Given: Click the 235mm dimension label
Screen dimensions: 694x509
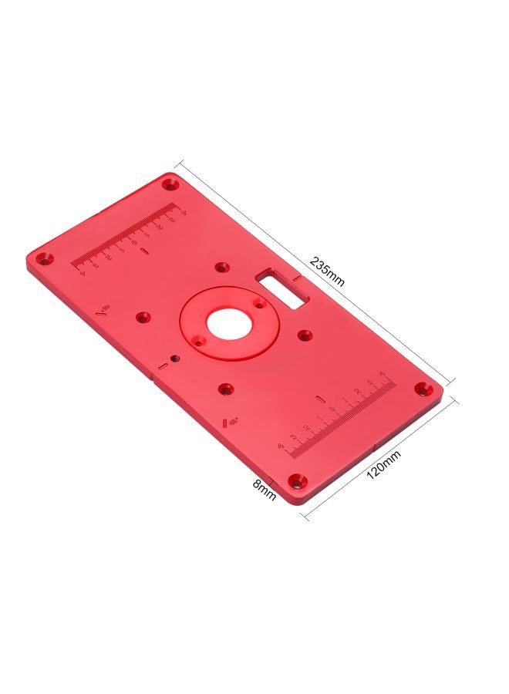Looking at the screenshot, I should pos(327,271).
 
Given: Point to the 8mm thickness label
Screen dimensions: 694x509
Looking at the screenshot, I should pos(265,490).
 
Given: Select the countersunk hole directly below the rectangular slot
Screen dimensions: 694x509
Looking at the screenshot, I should pos(305,335).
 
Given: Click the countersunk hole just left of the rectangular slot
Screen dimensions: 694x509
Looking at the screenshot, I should pos(224,267).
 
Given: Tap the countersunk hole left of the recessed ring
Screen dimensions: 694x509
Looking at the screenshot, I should pos(143,316).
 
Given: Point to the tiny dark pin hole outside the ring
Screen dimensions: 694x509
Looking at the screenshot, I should pos(177,357).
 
